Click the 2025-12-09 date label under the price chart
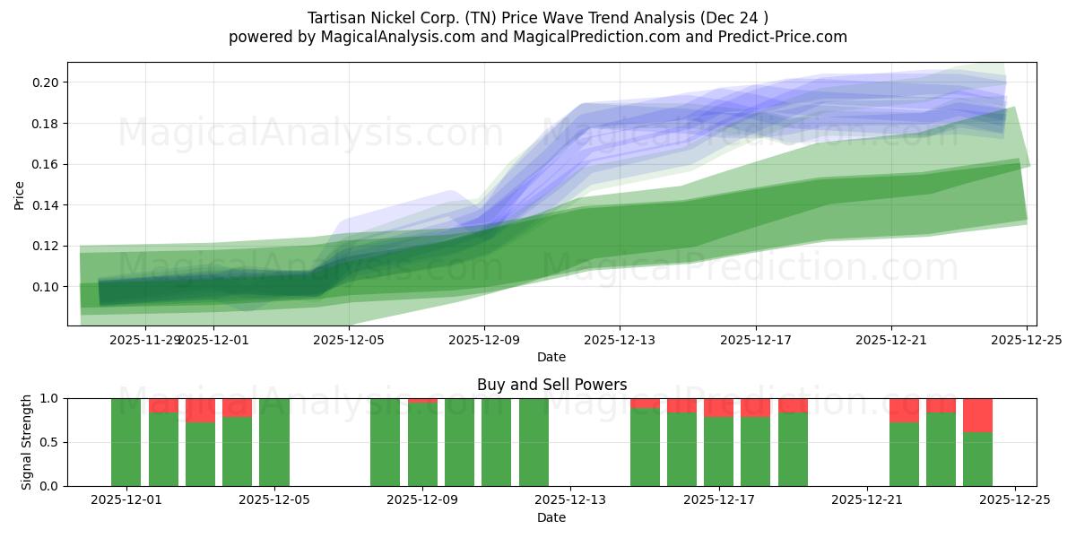(484, 340)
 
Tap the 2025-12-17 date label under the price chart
(755, 340)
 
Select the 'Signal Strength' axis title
(27, 442)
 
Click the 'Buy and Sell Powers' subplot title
(551, 385)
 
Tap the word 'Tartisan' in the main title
(338, 18)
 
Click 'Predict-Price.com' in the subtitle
(780, 37)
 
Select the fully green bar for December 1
(126, 442)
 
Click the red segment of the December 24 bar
(977, 415)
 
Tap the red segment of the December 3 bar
(200, 410)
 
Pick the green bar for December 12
(534, 442)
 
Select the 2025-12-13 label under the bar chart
(570, 499)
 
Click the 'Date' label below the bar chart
(551, 517)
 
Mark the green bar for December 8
(385, 442)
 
